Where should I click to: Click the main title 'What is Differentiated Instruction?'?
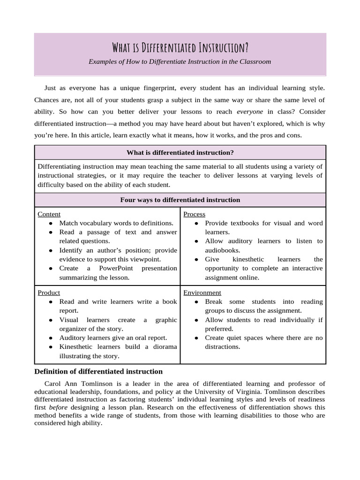pyautogui.click(x=180, y=48)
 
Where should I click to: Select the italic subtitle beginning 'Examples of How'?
pyautogui.click(x=180, y=61)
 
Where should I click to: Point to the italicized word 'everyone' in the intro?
pyautogui.click(x=250, y=112)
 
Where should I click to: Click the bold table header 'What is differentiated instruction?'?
pyautogui.click(x=180, y=152)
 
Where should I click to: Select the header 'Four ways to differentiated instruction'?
pyautogui.click(x=180, y=200)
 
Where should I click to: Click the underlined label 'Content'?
pyautogui.click(x=49, y=214)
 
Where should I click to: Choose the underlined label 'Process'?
pyautogui.click(x=194, y=214)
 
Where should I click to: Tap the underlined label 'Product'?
pyautogui.click(x=49, y=292)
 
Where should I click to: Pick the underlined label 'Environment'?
pyautogui.click(x=202, y=292)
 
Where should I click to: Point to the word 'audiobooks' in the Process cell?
pyautogui.click(x=222, y=250)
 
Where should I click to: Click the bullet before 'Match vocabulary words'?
pyautogui.click(x=50, y=224)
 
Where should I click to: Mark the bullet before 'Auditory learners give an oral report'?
pyautogui.click(x=50, y=338)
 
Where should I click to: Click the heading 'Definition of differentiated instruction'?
pyautogui.click(x=98, y=372)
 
